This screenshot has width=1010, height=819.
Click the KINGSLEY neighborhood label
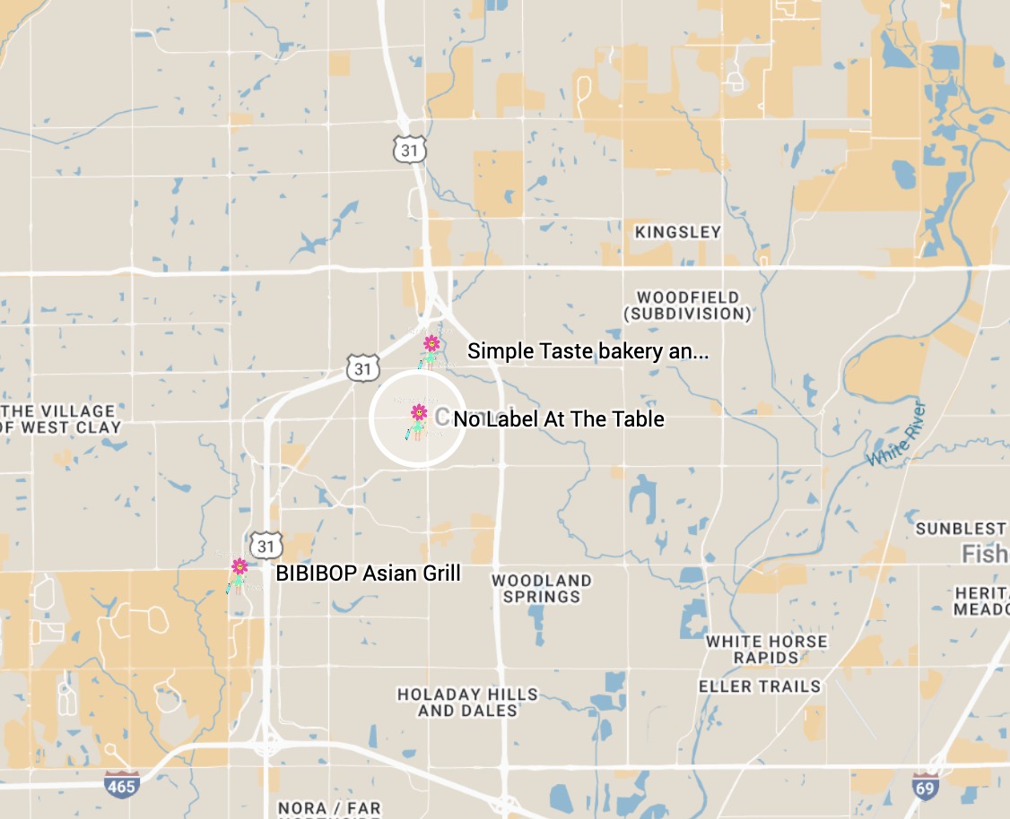(677, 232)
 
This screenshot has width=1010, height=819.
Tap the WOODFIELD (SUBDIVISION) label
(688, 306)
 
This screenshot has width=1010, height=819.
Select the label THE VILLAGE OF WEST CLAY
(61, 419)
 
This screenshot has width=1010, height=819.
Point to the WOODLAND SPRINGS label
(542, 589)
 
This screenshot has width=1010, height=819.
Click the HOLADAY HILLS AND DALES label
(467, 703)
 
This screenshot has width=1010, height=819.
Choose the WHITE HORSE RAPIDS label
(766, 650)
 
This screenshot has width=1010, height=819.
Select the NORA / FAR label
(329, 808)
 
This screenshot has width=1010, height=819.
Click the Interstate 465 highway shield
(121, 785)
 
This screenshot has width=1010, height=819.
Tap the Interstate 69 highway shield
(927, 785)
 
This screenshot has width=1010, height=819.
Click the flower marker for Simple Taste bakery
(431, 344)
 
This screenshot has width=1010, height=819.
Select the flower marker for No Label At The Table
(419, 413)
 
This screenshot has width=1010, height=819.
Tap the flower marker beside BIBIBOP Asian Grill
(239, 567)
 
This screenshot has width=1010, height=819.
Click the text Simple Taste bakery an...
(588, 351)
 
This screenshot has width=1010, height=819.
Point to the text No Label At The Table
(559, 418)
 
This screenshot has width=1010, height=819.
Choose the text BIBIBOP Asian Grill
(368, 573)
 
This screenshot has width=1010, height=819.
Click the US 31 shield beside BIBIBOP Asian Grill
(266, 546)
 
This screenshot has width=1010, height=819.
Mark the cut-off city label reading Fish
(985, 554)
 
